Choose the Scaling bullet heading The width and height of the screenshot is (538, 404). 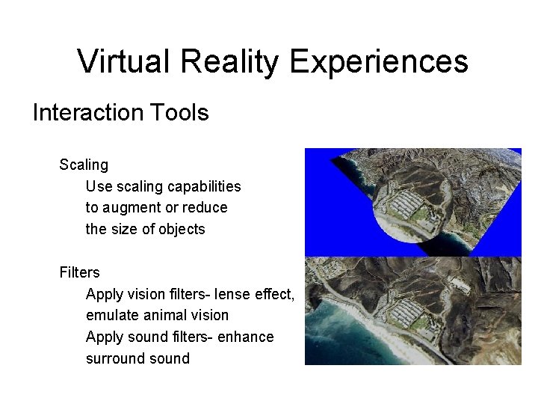pyautogui.click(x=84, y=165)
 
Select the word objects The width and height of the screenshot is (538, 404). pyautogui.click(x=181, y=230)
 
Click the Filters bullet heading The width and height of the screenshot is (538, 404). pyautogui.click(x=79, y=272)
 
